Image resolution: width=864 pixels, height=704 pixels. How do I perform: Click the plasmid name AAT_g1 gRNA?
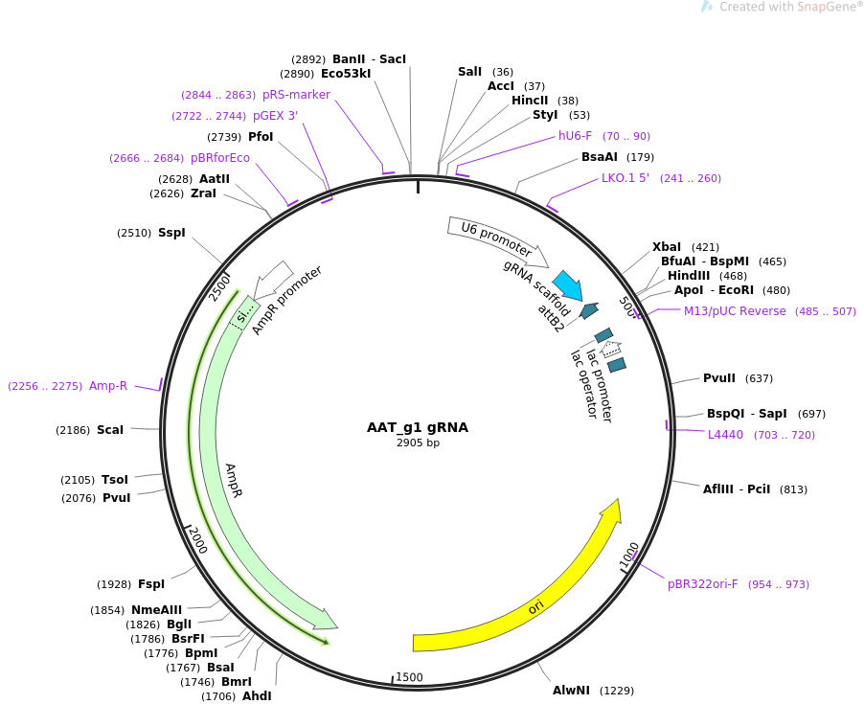(418, 427)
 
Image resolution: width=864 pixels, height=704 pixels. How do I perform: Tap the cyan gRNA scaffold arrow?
(568, 284)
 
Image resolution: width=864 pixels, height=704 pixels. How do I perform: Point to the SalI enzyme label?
(469, 72)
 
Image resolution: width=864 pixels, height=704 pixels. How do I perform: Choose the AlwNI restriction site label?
(572, 690)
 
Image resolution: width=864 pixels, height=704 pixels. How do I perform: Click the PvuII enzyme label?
(718, 377)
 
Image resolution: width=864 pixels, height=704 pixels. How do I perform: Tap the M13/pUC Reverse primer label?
(735, 310)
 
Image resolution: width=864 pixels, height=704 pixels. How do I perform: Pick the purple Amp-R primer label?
(108, 386)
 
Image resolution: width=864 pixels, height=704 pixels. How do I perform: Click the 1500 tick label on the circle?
(409, 677)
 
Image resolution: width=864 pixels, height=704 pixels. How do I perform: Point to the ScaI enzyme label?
(110, 430)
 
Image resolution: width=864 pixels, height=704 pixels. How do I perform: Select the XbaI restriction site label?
(666, 246)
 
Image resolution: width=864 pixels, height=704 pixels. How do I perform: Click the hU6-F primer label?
(575, 136)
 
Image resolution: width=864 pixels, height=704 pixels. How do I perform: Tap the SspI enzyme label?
(171, 233)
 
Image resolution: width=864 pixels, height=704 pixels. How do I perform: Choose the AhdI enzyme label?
(257, 696)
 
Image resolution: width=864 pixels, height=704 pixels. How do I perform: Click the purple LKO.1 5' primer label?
(625, 178)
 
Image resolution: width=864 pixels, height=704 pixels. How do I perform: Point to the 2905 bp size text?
(418, 443)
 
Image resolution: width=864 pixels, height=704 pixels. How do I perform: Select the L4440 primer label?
(725, 435)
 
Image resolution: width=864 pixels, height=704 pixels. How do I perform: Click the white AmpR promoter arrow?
(274, 277)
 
